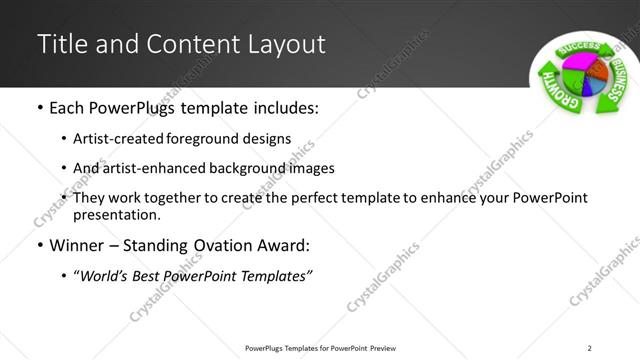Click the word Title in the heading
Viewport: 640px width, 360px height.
point(59,45)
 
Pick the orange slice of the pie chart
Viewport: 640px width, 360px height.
point(601,76)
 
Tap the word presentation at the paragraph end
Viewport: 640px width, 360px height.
point(117,214)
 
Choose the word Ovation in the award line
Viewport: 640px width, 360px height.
point(229,245)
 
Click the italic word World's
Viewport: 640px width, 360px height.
point(102,275)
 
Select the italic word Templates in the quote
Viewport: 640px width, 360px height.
point(273,275)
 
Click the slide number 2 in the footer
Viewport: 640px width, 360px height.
point(589,348)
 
